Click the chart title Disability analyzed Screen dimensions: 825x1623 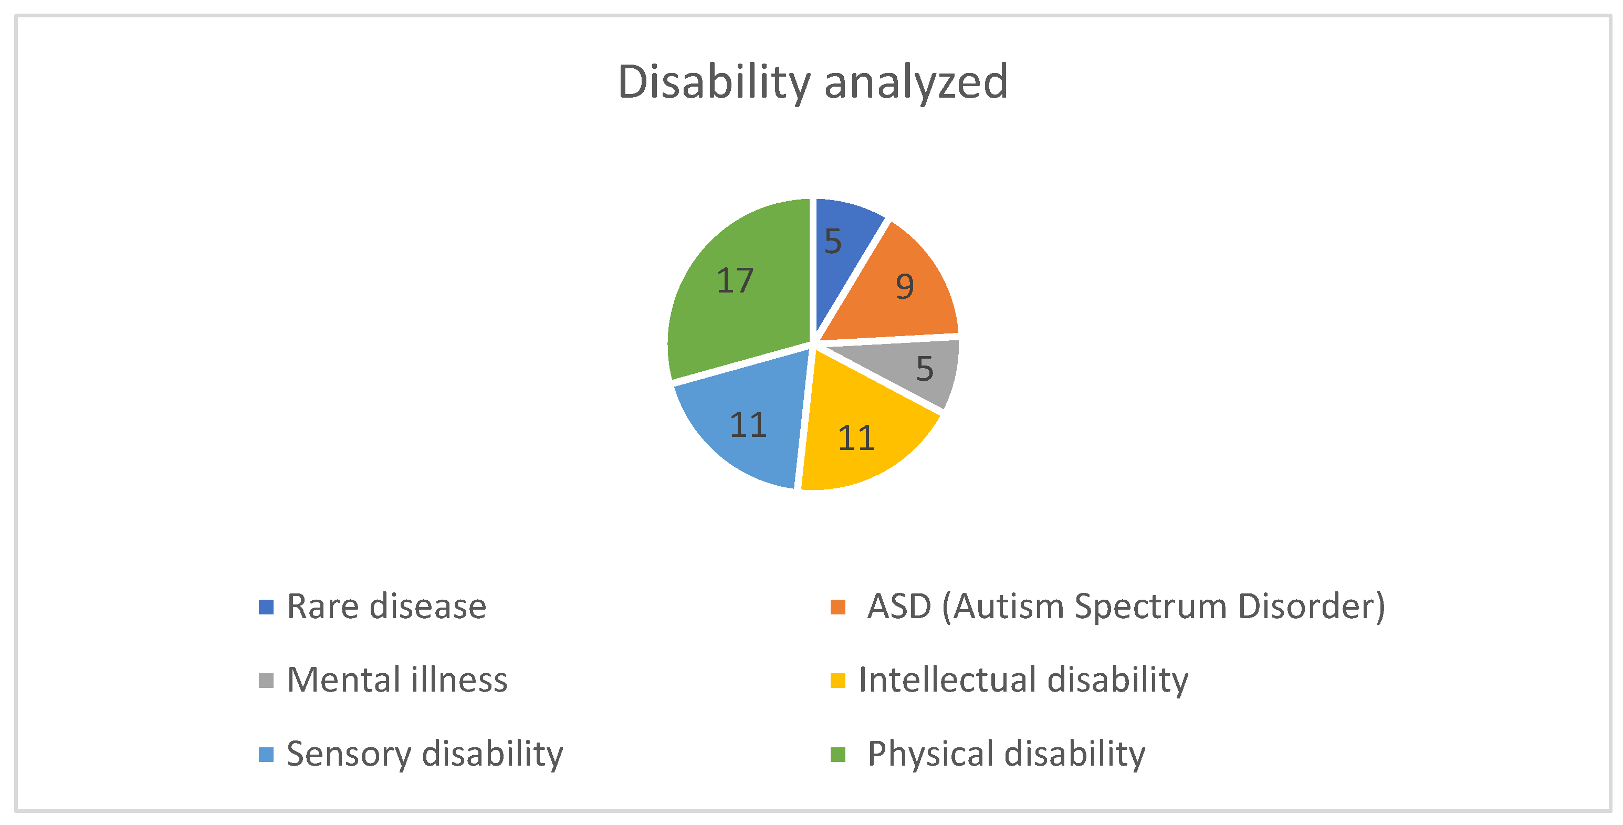[813, 82]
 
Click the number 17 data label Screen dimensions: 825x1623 [735, 280]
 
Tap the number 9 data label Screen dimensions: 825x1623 [905, 287]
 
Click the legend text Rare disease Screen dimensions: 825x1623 [386, 607]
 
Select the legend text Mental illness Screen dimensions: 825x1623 [397, 680]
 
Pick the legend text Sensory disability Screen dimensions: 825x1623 [425, 754]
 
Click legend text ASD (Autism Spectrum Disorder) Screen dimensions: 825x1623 [1126, 607]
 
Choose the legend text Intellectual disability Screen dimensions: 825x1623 [1023, 680]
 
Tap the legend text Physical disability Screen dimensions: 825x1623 [1006, 754]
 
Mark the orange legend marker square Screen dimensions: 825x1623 [837, 607]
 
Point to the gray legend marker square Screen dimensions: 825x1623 [266, 681]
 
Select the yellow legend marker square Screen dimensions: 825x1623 [837, 681]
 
